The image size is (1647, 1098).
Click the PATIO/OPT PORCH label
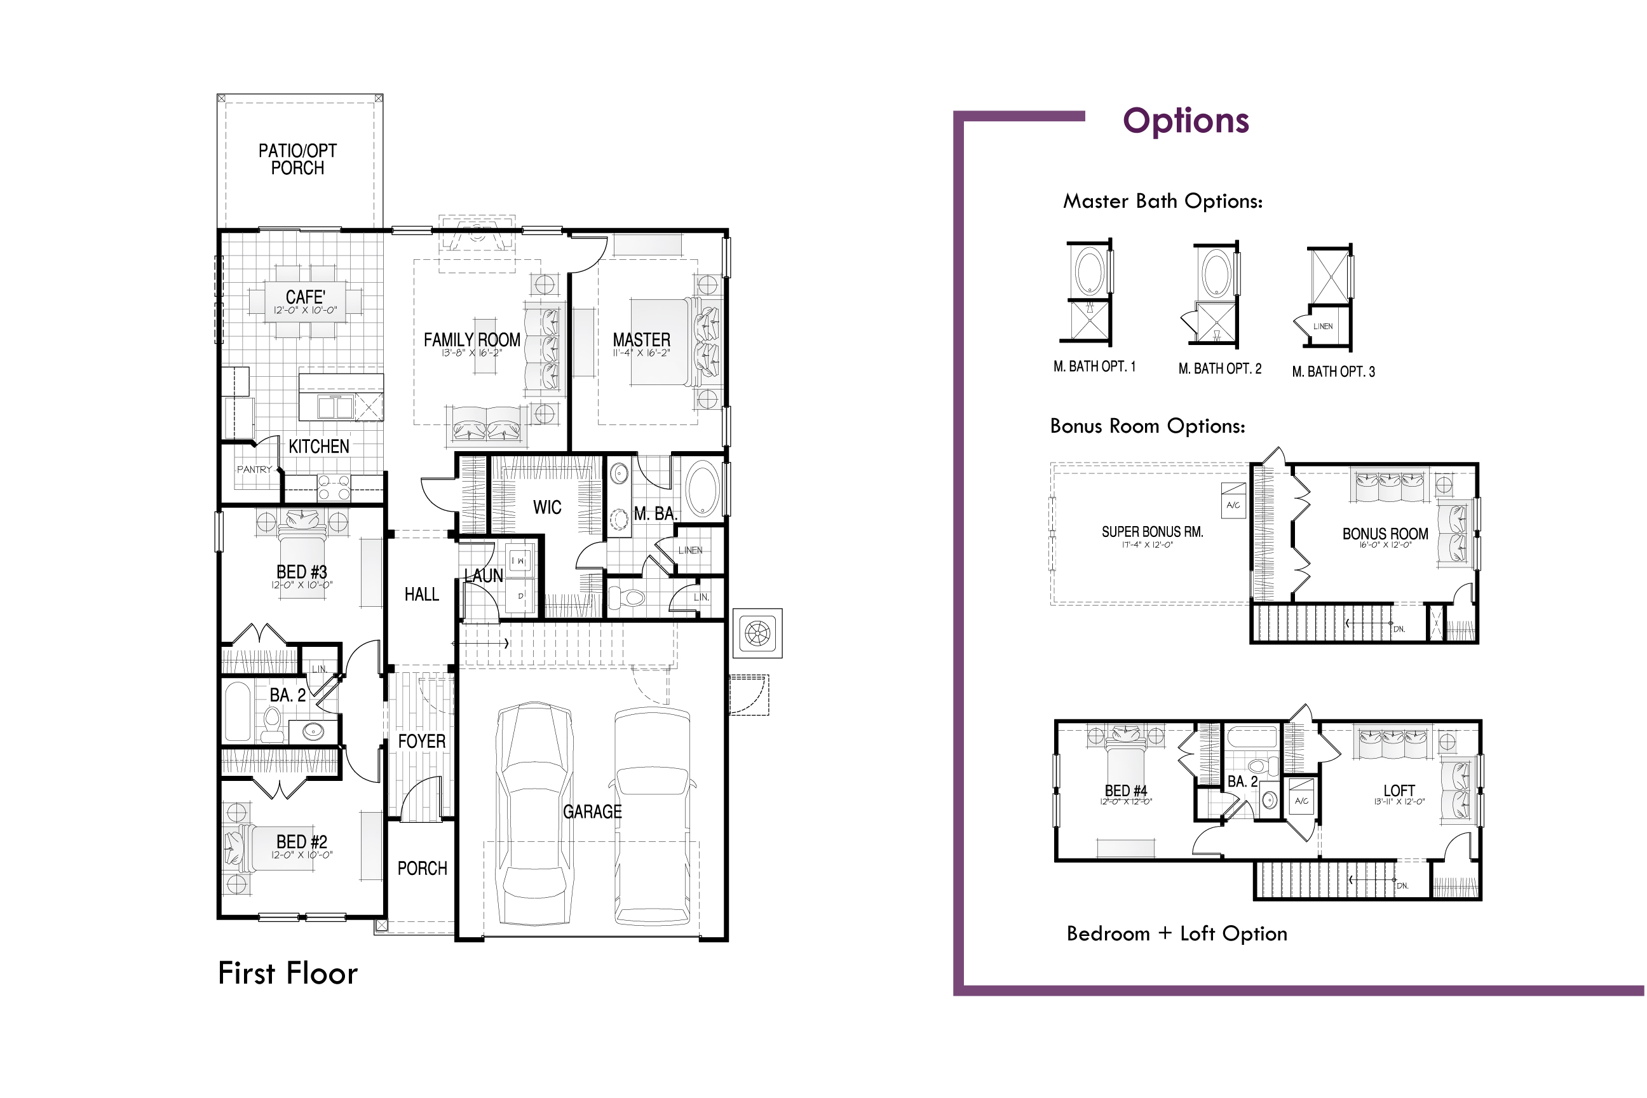pyautogui.click(x=297, y=159)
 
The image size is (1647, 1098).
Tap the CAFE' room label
pyautogui.click(x=305, y=297)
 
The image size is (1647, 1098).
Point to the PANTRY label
pyautogui.click(x=254, y=469)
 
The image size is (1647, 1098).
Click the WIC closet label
pyautogui.click(x=547, y=507)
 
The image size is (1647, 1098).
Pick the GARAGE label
pyautogui.click(x=592, y=811)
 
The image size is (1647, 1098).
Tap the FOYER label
pyautogui.click(x=421, y=741)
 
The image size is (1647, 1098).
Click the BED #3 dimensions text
pyautogui.click(x=302, y=585)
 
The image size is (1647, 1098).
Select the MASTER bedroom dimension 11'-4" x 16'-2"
pyautogui.click(x=641, y=353)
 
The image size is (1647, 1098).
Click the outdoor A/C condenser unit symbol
pyautogui.click(x=757, y=633)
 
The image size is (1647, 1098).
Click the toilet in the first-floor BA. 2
pyautogui.click(x=273, y=724)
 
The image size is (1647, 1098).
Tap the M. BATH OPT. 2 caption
pyautogui.click(x=1220, y=369)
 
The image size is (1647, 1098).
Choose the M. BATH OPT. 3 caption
pyautogui.click(x=1333, y=372)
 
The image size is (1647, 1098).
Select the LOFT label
pyautogui.click(x=1399, y=790)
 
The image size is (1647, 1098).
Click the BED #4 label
pyautogui.click(x=1126, y=790)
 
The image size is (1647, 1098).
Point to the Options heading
pyautogui.click(x=1186, y=121)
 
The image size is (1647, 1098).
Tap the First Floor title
pyautogui.click(x=288, y=973)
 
